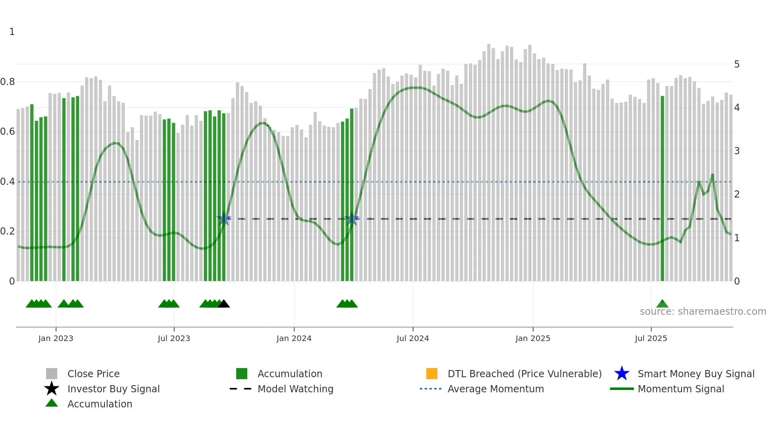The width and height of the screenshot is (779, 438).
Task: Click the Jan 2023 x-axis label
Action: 56,338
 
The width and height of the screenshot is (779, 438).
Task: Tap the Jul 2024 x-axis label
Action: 413,338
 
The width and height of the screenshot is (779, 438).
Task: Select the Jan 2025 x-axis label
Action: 533,338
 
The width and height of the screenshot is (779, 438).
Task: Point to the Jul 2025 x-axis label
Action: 651,338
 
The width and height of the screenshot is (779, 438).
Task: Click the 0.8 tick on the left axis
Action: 8,82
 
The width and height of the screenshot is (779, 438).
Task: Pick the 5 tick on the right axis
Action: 736,64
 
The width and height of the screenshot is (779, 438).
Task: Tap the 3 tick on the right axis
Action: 736,151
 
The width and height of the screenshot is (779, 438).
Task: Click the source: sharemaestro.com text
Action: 703,312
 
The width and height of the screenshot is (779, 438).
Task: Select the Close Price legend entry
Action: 93,374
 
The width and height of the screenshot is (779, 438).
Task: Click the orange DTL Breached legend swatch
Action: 432,374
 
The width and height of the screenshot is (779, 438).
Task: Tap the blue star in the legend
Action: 622,374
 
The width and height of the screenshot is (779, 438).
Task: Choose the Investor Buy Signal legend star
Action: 52,389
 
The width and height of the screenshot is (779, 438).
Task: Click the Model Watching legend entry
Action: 295,389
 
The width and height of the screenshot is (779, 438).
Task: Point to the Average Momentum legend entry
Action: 496,389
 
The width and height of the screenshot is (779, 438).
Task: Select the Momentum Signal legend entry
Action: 681,389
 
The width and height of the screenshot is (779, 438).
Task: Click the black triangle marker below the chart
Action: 224,304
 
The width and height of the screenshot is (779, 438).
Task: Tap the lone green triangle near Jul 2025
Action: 662,304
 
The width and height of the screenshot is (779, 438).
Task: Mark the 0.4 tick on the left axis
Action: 8,182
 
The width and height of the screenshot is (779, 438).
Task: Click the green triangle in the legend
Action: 52,403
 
